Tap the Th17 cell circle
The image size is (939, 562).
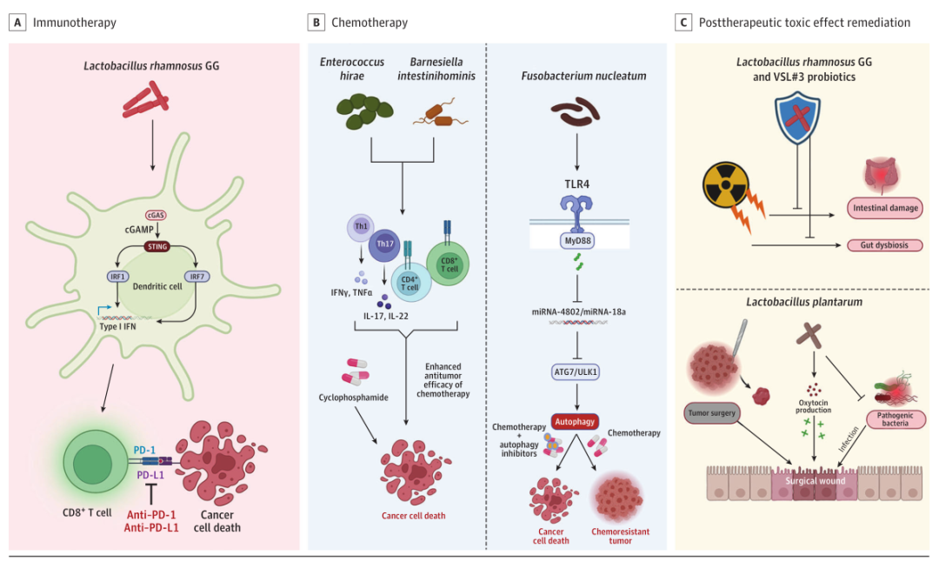tap(384, 245)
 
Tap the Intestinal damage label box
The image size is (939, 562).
tap(883, 208)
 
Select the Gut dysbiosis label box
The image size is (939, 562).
tap(883, 245)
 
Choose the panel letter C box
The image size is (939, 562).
tap(684, 22)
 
